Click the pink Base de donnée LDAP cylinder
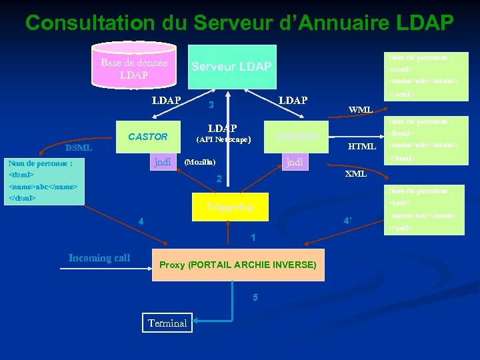[x=133, y=68]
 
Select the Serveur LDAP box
[x=231, y=67]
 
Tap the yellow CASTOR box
[x=148, y=137]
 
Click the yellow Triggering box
[x=229, y=207]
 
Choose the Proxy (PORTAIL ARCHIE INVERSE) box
[x=238, y=265]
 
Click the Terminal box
[x=167, y=323]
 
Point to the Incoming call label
[x=99, y=258]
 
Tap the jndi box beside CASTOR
[x=163, y=161]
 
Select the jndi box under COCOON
[x=294, y=161]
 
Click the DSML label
[x=79, y=148]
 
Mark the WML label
[x=361, y=109]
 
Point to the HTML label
[x=363, y=146]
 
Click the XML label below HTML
[x=355, y=174]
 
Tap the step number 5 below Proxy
[x=255, y=297]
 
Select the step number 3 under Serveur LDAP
[x=211, y=105]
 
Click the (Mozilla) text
[x=199, y=162]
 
